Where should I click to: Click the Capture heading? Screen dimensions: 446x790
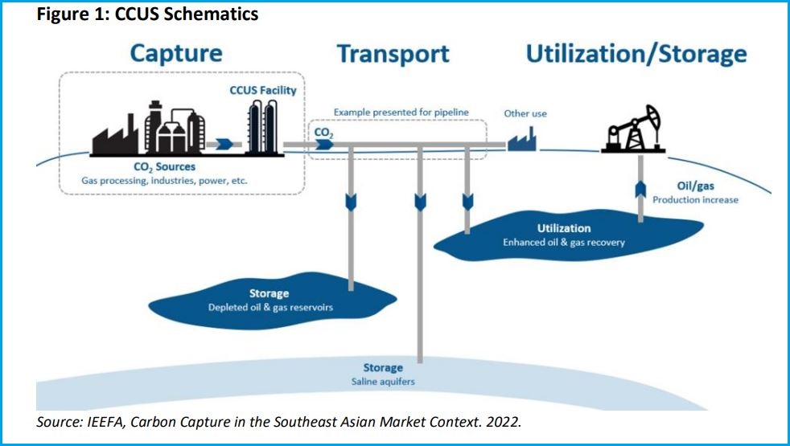tap(175, 54)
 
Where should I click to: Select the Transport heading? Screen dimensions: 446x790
tap(393, 54)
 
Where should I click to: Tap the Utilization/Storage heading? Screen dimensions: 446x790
tap(636, 54)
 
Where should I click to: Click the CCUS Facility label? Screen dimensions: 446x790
tap(262, 91)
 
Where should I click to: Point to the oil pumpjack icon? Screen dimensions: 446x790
tap(632, 131)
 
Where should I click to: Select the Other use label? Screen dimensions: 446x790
tap(525, 113)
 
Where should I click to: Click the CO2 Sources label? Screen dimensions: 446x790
tap(164, 167)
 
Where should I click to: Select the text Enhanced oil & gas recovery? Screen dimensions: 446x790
tap(563, 242)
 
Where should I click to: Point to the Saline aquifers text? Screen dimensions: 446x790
tap(382, 382)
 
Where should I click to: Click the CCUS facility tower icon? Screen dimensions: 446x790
tap(261, 129)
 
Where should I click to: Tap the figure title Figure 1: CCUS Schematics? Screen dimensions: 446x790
tap(147, 14)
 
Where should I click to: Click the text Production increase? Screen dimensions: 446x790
tap(694, 199)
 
